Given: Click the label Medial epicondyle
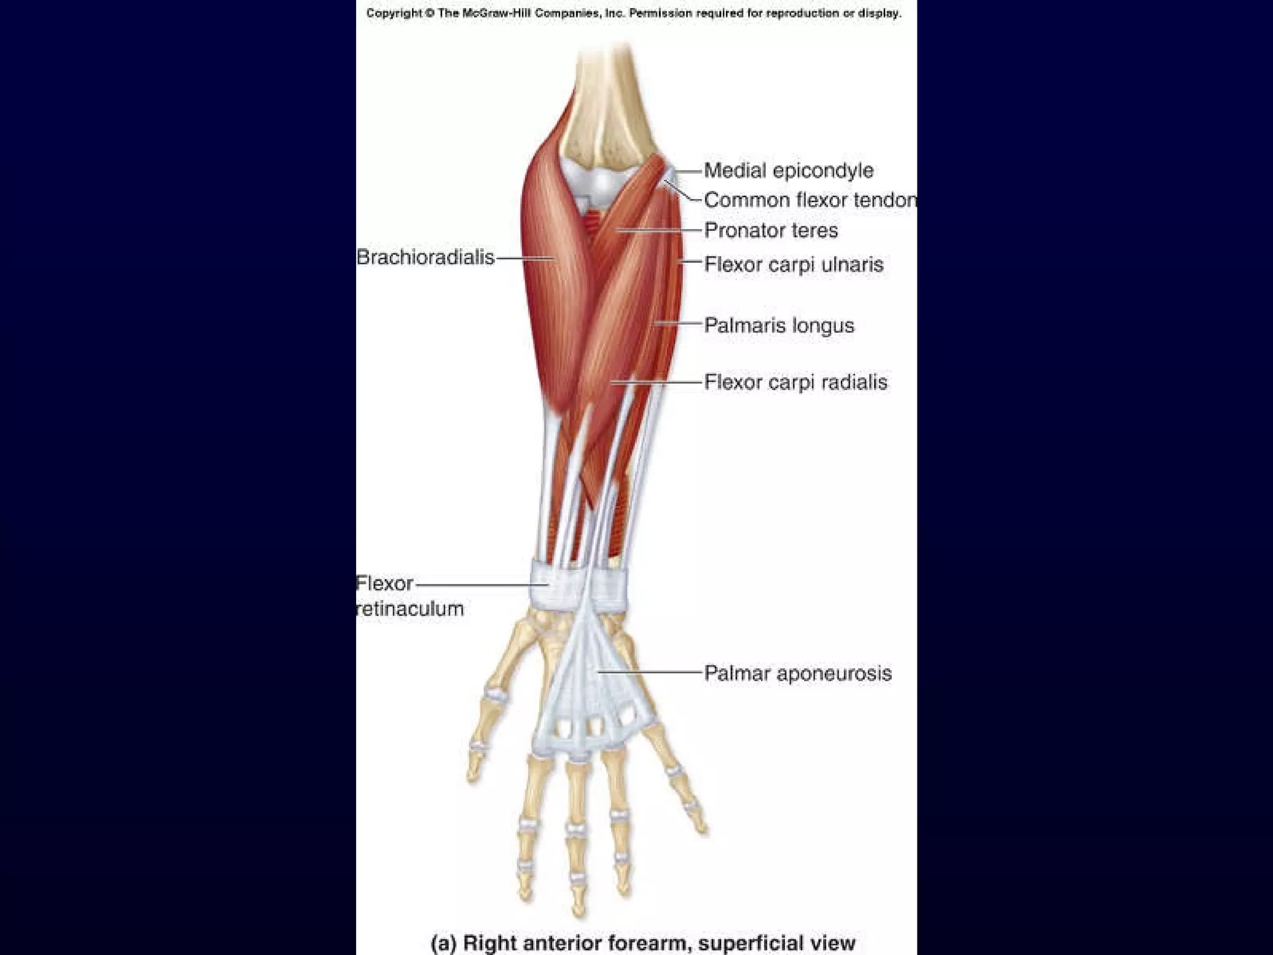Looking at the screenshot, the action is coord(788,170).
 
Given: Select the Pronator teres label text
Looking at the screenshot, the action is coord(771,231).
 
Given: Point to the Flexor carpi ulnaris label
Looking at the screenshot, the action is coord(793,265).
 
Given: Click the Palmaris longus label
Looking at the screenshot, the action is coord(779,325).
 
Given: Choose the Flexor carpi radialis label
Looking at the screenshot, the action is coord(796,382).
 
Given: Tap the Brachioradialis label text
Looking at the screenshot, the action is coord(425,257).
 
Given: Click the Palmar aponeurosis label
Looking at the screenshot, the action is coord(797,673).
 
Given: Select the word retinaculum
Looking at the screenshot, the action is coord(410,609).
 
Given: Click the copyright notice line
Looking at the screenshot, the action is coord(633,13).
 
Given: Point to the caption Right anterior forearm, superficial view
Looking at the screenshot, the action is coord(643,943).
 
